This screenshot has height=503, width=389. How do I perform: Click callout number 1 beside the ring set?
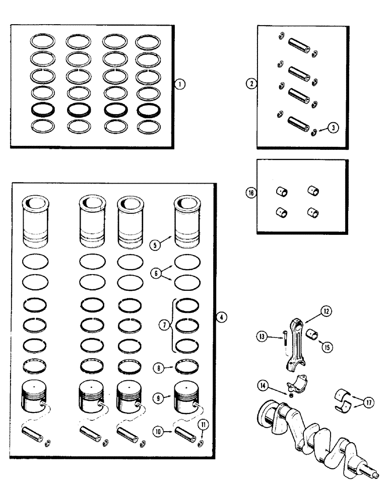click(x=180, y=84)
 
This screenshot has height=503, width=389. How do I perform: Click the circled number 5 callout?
click(x=155, y=245)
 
